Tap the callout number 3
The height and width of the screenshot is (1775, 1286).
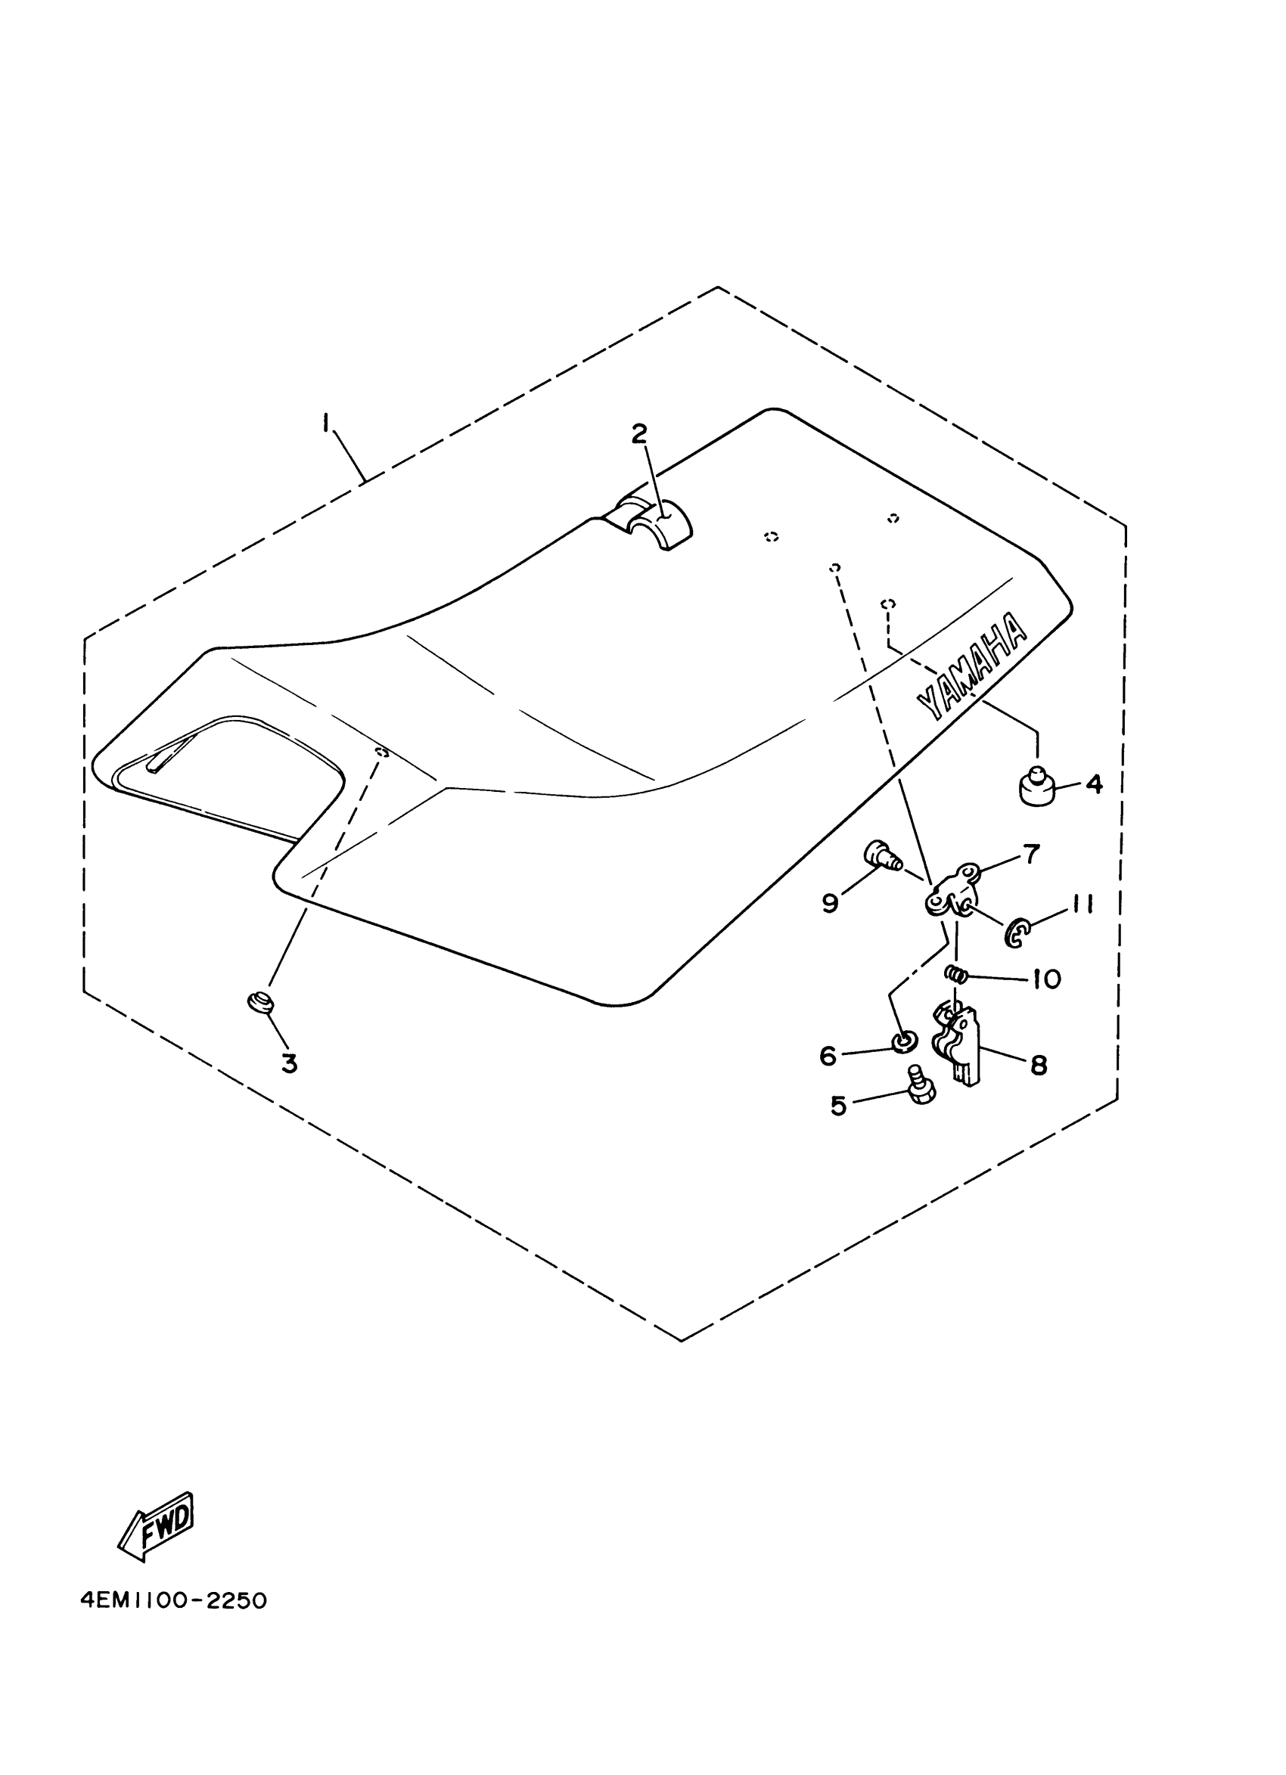290,1063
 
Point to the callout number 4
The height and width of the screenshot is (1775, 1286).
1095,784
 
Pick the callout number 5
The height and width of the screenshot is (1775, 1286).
838,1106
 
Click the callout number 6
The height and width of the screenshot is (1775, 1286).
828,1056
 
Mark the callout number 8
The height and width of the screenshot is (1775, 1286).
1039,1064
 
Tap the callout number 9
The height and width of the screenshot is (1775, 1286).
831,903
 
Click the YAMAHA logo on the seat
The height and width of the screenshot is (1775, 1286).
971,667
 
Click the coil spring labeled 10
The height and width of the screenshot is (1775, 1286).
955,973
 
